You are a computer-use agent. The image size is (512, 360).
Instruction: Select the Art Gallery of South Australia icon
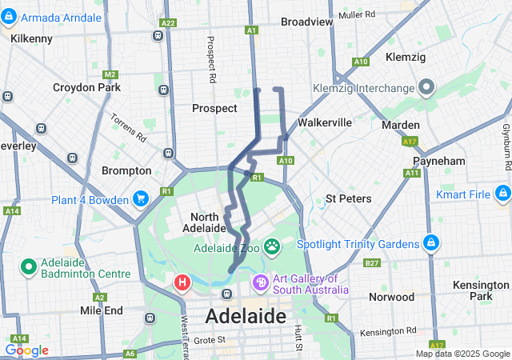(261, 283)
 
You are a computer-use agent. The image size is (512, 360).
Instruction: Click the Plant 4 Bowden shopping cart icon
(141, 199)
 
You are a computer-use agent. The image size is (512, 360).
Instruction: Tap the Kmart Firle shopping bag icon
(502, 194)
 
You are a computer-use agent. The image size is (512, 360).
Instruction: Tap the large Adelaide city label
(246, 316)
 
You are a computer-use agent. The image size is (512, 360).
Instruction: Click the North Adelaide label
(208, 222)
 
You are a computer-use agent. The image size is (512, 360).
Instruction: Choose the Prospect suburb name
(214, 108)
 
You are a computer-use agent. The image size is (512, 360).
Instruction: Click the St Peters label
(348, 198)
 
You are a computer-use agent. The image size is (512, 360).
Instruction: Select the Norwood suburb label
(392, 297)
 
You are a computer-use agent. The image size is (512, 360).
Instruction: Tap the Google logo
(26, 350)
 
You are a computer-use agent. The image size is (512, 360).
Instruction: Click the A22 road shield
(167, 24)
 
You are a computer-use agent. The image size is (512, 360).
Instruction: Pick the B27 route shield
(371, 262)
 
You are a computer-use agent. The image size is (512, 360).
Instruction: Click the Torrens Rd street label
(129, 127)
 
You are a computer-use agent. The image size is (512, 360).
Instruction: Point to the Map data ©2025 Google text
(462, 354)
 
